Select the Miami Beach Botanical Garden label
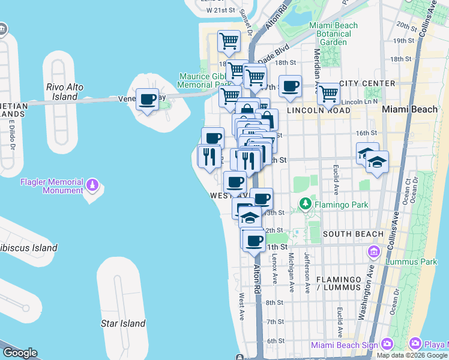click(x=333, y=34)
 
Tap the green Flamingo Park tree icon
click(x=306, y=205)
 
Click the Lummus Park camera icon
click(x=375, y=251)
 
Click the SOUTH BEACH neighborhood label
click(x=353, y=234)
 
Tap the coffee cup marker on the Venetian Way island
click(x=147, y=100)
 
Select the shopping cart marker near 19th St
click(x=229, y=41)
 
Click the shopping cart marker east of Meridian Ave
click(x=328, y=94)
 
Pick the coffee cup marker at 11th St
click(x=255, y=240)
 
